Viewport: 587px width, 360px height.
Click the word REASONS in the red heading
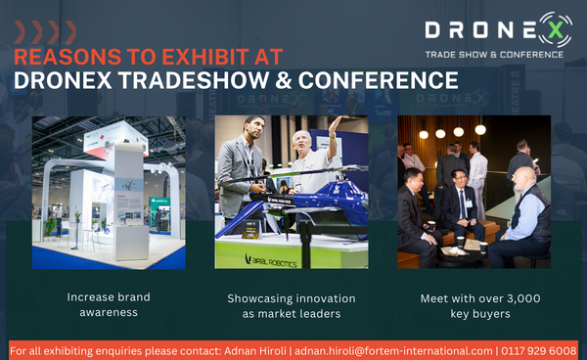click(61, 56)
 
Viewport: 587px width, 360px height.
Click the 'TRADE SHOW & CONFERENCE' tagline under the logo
click(493, 54)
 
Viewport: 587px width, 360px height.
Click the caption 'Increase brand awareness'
click(109, 305)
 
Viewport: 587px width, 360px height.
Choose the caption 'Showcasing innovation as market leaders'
click(291, 305)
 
